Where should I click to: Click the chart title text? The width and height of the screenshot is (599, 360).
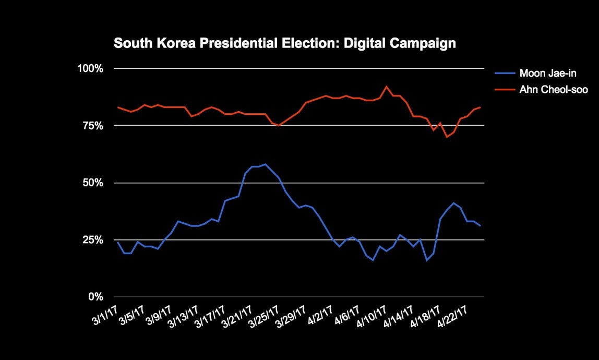[x=284, y=43]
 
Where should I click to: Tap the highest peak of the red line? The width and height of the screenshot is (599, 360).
[x=386, y=87]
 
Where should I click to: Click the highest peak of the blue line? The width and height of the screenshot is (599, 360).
[x=266, y=164]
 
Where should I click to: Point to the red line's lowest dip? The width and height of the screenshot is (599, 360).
[x=447, y=137]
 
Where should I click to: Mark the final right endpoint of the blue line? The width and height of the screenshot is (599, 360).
[x=480, y=225]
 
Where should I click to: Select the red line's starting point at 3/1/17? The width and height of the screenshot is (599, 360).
[x=118, y=107]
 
